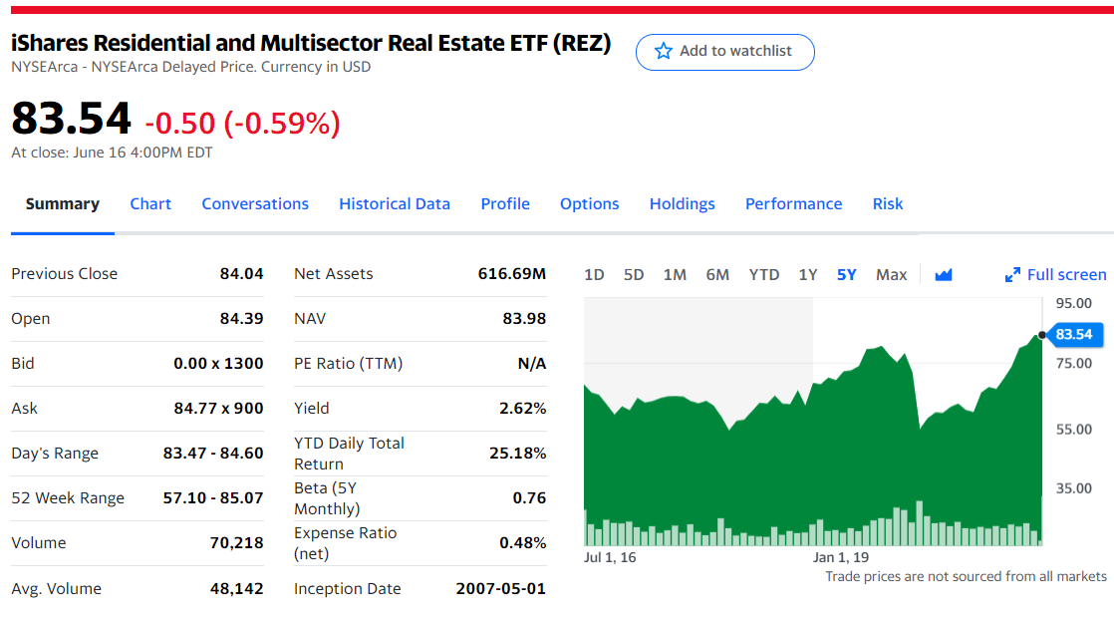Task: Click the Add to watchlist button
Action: click(724, 52)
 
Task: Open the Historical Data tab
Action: click(395, 203)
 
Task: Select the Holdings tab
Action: click(682, 203)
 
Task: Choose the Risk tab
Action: click(887, 203)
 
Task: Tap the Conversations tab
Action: click(255, 203)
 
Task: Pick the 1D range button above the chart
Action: click(594, 274)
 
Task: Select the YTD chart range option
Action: click(764, 274)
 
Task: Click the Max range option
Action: click(891, 274)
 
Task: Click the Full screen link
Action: click(1056, 274)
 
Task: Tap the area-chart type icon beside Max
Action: click(944, 274)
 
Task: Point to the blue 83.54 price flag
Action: click(1074, 334)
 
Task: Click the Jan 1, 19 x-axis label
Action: click(841, 557)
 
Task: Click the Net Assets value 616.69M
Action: click(512, 273)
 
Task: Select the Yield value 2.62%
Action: click(522, 408)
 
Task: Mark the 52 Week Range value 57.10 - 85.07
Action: click(213, 497)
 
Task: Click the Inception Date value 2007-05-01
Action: click(500, 588)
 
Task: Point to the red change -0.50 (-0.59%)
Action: click(242, 123)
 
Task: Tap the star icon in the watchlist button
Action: click(663, 51)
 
